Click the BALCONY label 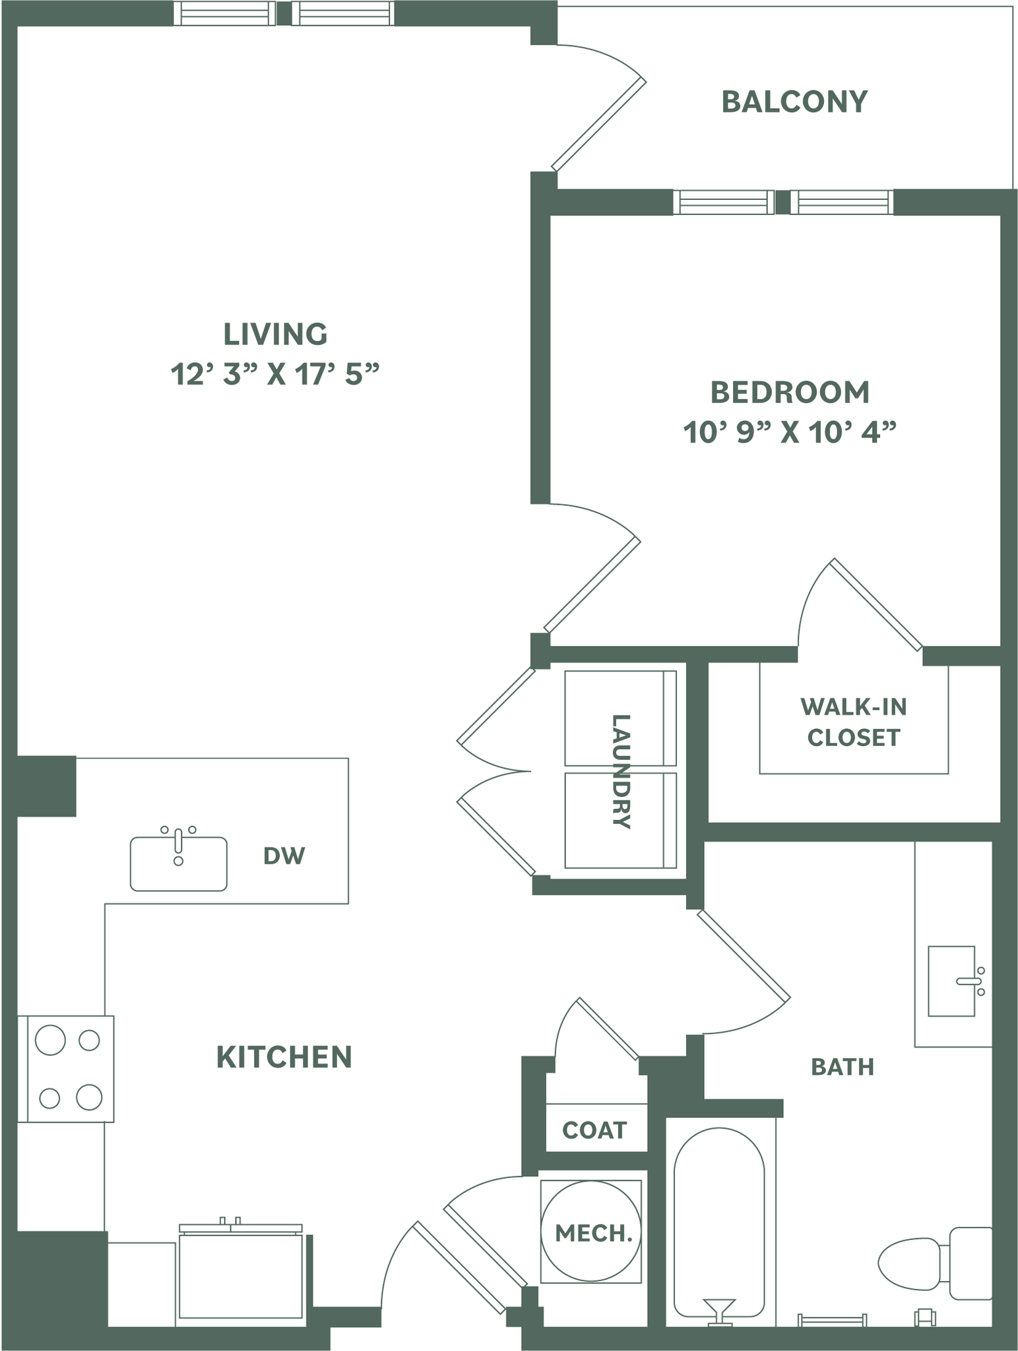794,102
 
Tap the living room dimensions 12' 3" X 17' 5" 275,375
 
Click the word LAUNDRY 620,770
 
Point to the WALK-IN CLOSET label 854,722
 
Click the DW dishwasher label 284,856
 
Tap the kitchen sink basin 178,864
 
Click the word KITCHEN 284,1057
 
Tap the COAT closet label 594,1131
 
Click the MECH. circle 590,1232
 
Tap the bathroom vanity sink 951,981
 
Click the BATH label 842,1067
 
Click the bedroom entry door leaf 592,584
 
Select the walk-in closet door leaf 877,604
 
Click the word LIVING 275,334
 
